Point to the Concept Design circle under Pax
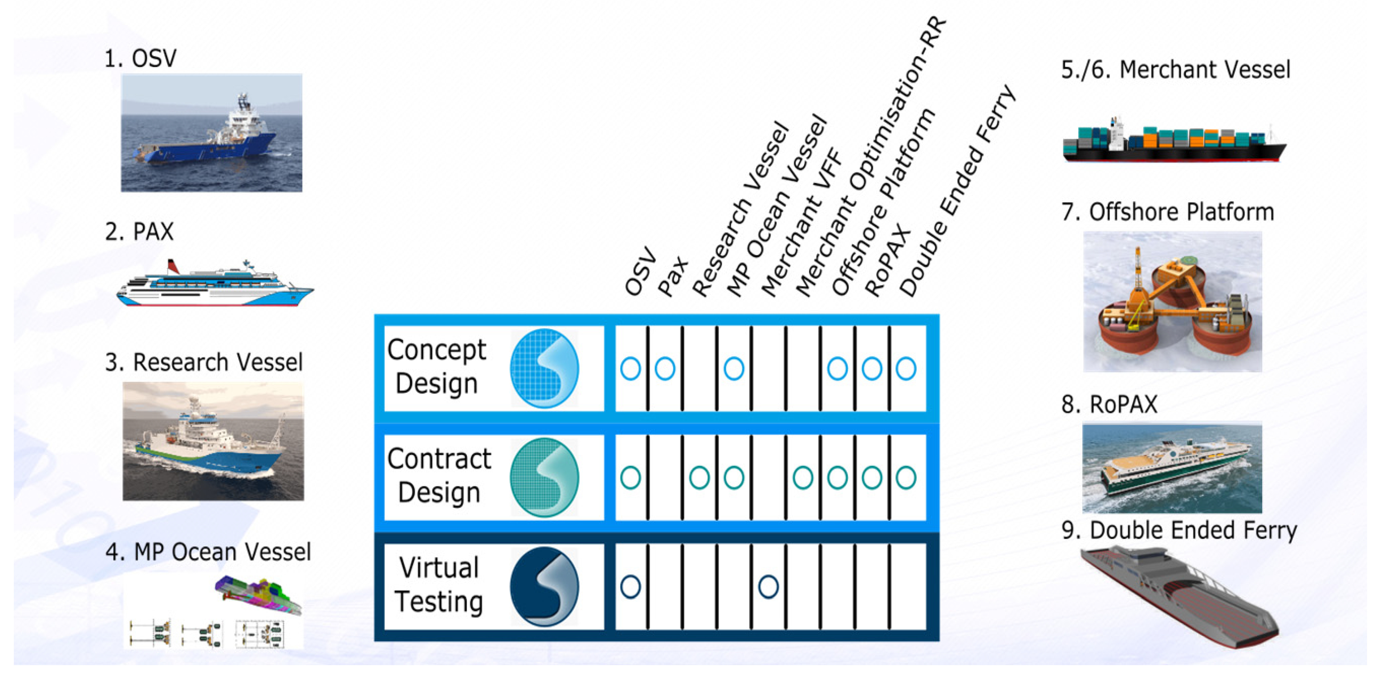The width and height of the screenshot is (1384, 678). click(x=665, y=369)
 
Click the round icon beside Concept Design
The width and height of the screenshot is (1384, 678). click(x=544, y=369)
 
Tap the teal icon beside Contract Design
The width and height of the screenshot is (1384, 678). click(x=544, y=477)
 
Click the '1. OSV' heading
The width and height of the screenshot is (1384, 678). click(x=140, y=58)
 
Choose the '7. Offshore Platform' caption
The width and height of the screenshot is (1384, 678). click(x=1167, y=212)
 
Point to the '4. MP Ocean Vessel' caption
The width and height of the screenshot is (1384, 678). click(x=208, y=552)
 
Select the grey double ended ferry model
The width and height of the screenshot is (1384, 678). click(x=1179, y=596)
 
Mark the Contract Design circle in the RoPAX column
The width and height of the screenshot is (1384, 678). click(x=872, y=477)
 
